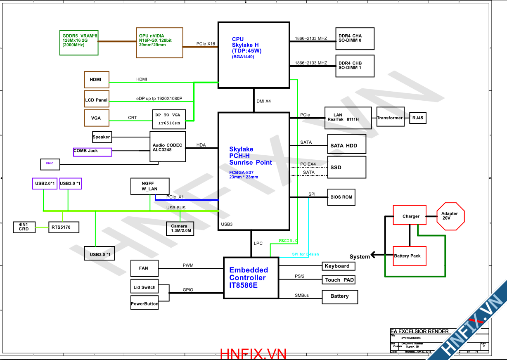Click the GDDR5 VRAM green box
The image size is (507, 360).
pos(79,42)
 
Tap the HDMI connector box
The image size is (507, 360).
pos(97,79)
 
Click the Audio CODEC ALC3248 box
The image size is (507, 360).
pos(168,147)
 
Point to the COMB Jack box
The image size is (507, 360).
pos(92,152)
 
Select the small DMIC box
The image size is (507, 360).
pos(50,164)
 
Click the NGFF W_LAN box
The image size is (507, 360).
pos(149,187)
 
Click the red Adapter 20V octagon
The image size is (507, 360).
pos(450,216)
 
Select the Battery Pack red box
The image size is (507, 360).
pos(409,256)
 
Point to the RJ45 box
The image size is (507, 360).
pos(417,118)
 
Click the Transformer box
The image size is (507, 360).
pos(390,118)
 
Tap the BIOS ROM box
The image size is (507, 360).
pos(341,197)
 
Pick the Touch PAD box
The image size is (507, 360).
pos(338,280)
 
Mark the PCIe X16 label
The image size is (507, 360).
pos(206,44)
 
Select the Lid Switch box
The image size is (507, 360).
pos(144,287)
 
